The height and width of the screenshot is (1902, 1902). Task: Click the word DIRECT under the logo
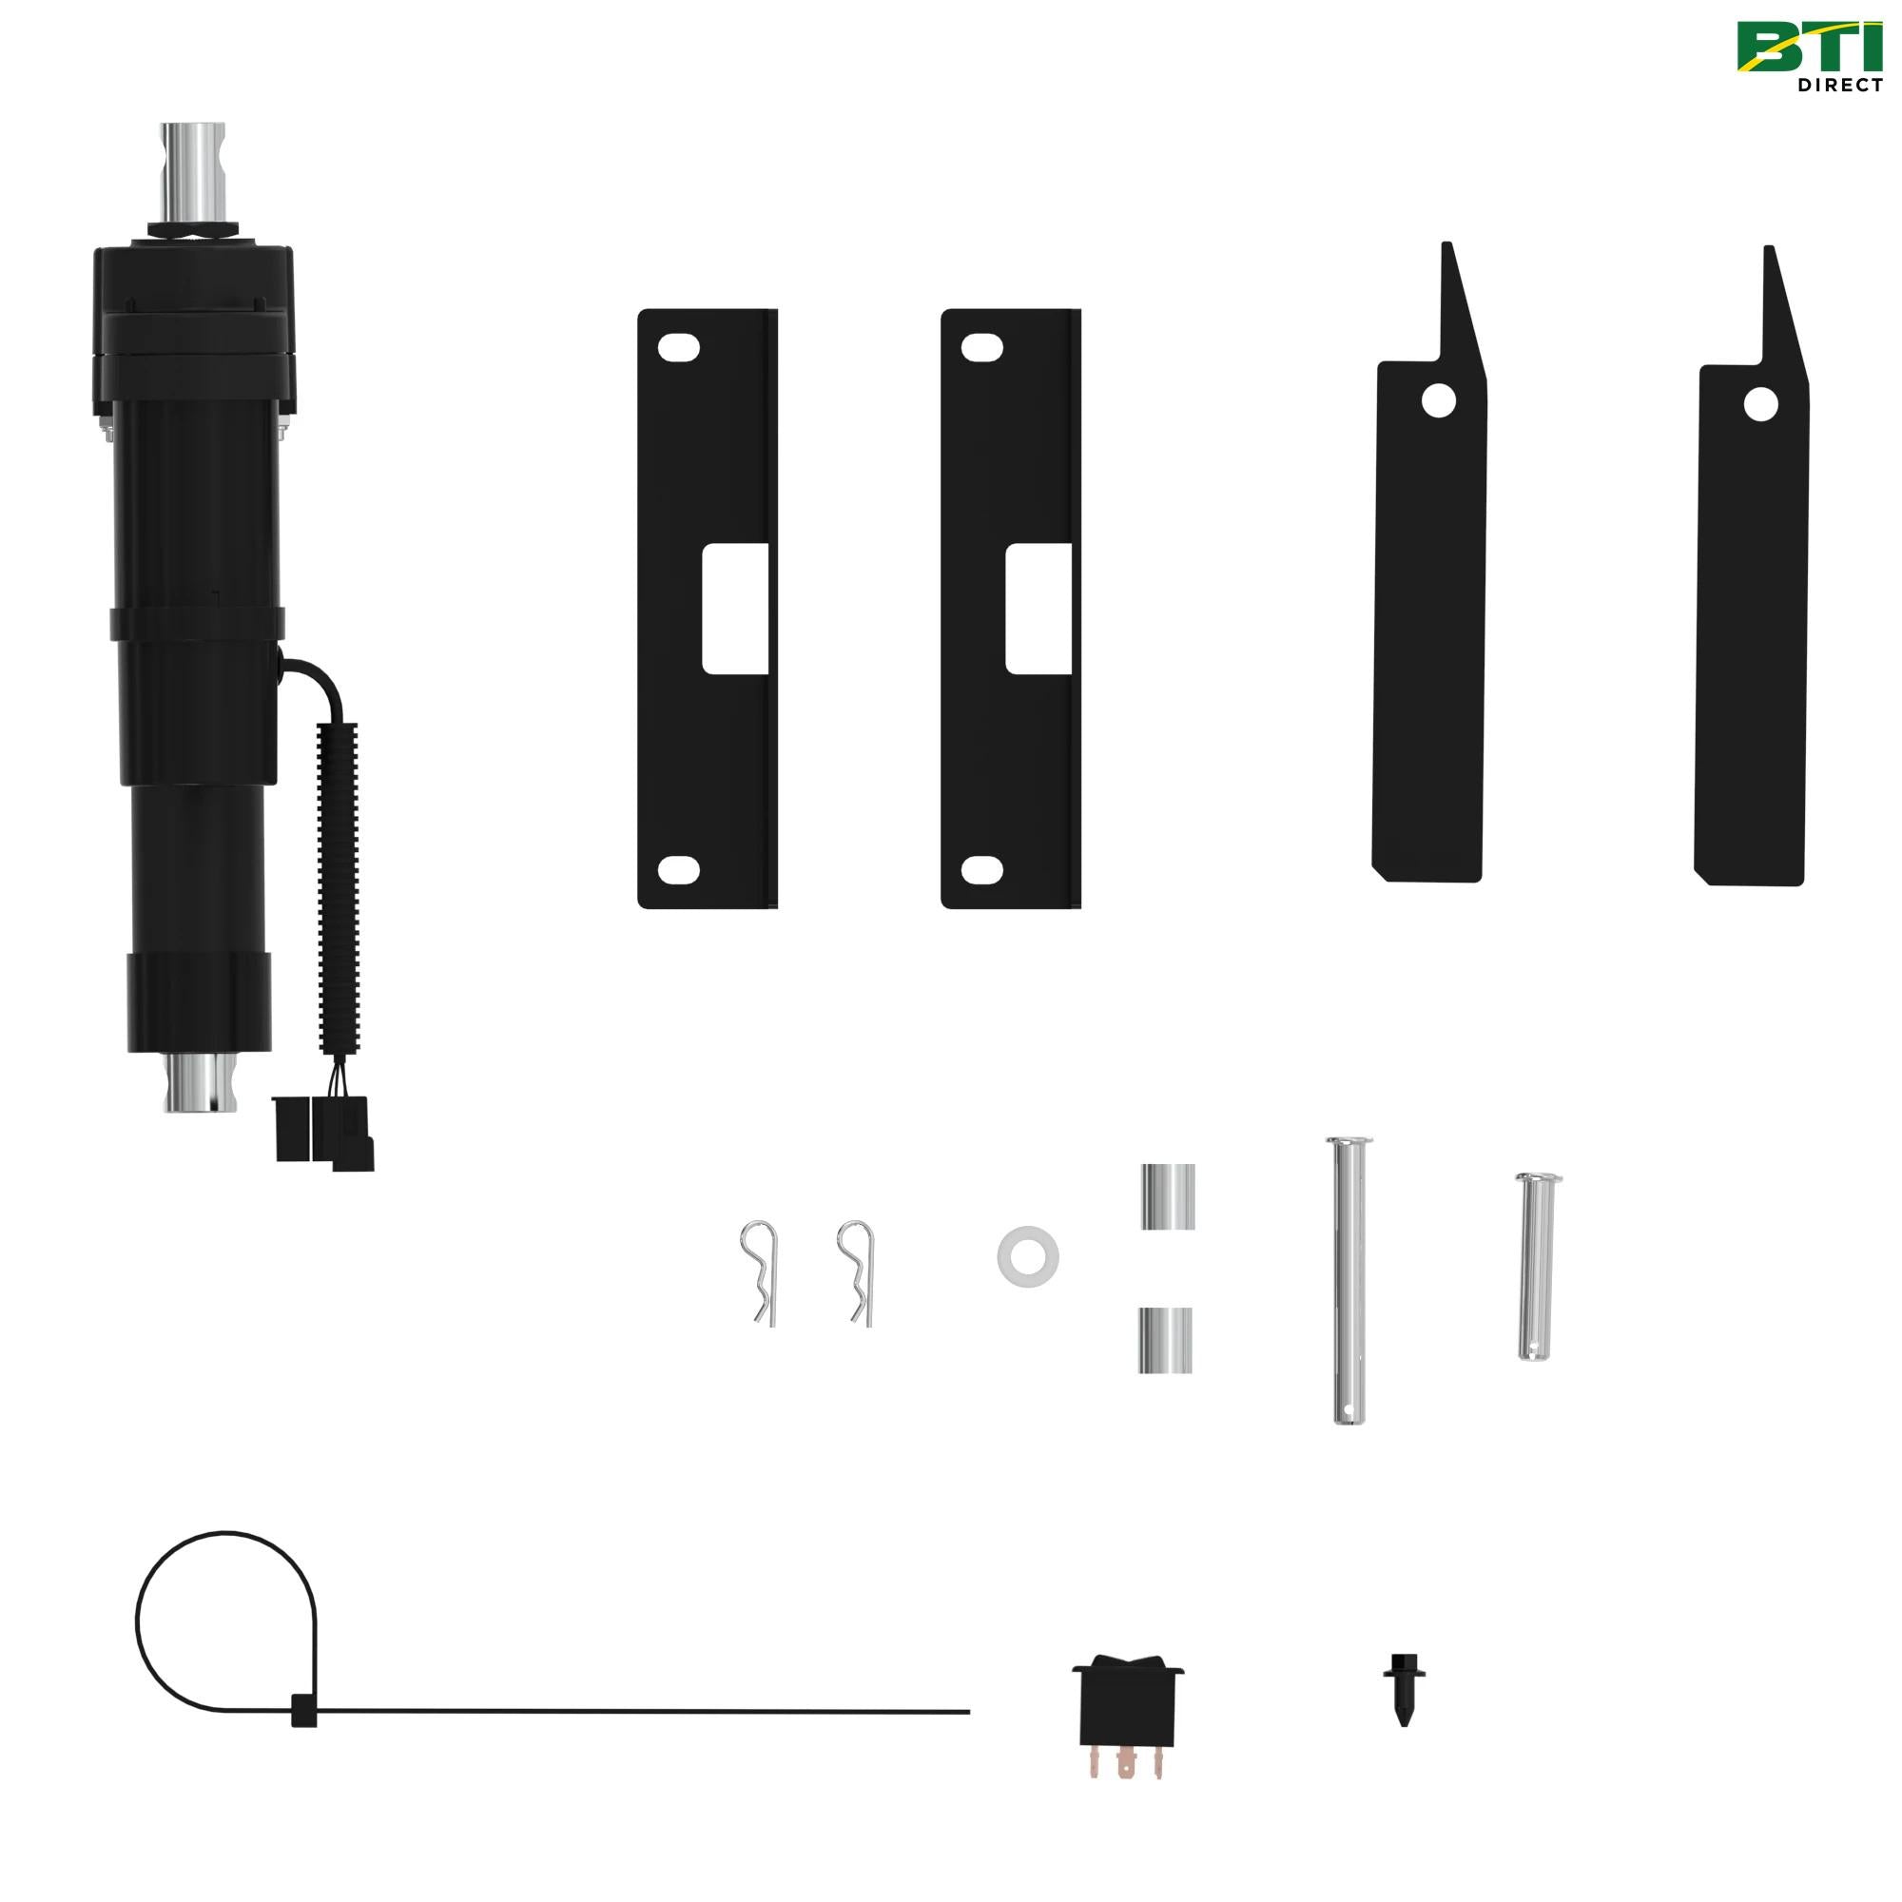pyautogui.click(x=1839, y=86)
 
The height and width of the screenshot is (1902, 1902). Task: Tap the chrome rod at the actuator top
pyautogui.click(x=193, y=172)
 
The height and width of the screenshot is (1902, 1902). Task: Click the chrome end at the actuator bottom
pyautogui.click(x=201, y=1084)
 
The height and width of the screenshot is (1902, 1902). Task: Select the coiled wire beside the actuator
pyautogui.click(x=337, y=886)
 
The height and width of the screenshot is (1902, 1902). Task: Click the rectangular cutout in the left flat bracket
pyautogui.click(x=734, y=611)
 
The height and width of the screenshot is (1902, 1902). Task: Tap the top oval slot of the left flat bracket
pyautogui.click(x=679, y=348)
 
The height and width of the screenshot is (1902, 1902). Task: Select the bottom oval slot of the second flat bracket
pyautogui.click(x=981, y=869)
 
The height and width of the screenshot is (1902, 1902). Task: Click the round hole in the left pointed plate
pyautogui.click(x=1437, y=400)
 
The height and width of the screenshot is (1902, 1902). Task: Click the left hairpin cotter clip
pyautogui.click(x=760, y=1271)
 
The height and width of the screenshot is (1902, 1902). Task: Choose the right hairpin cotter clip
pyautogui.click(x=857, y=1271)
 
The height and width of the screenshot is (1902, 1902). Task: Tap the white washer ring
pyautogui.click(x=1028, y=1254)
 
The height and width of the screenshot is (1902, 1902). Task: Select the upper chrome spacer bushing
pyautogui.click(x=1168, y=1196)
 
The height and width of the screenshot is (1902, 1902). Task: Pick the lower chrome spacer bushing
pyautogui.click(x=1166, y=1340)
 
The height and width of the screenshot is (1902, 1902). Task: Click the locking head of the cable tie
pyautogui.click(x=303, y=1711)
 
